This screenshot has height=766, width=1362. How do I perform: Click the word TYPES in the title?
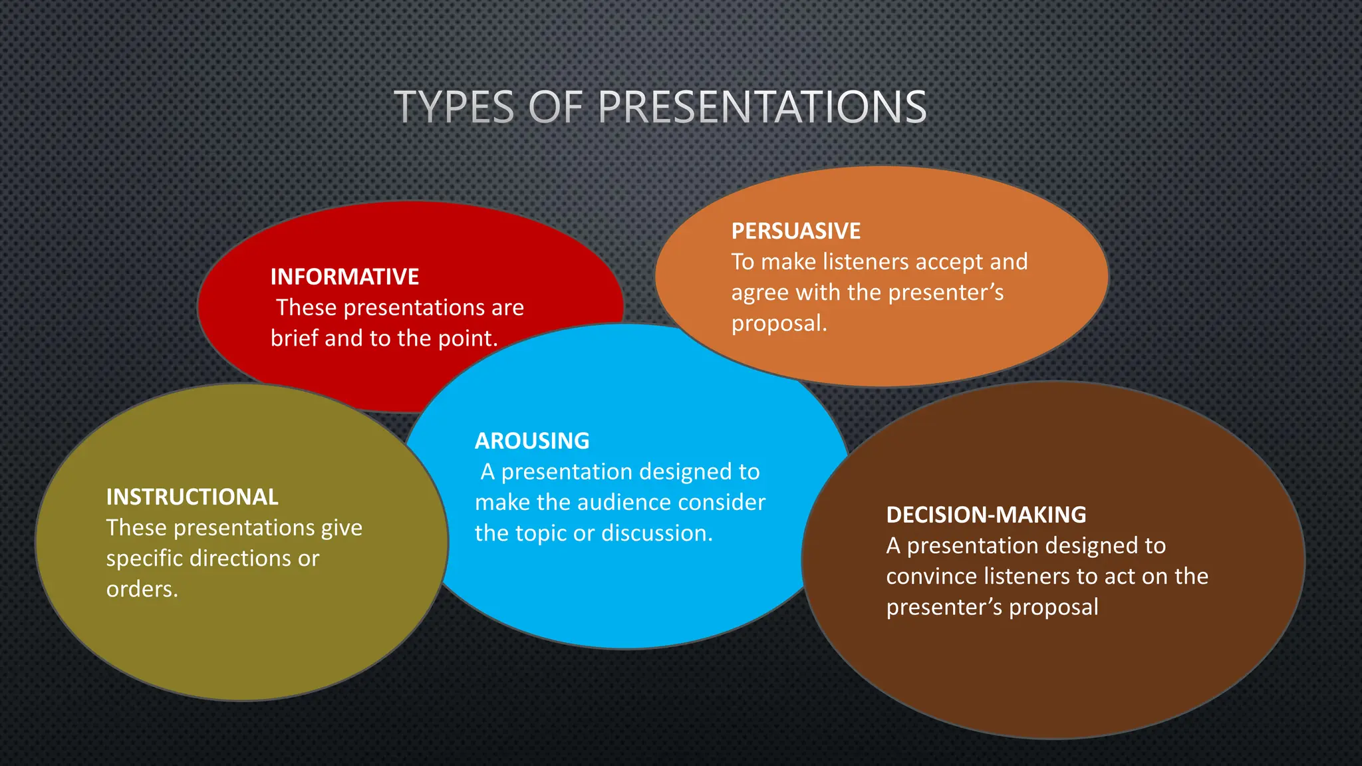[x=454, y=107]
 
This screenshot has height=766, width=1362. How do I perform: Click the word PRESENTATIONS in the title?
[x=762, y=107]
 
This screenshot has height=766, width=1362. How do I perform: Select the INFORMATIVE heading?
[x=344, y=277]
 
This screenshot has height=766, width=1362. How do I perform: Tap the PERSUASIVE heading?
[x=795, y=231]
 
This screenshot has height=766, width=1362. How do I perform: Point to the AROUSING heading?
[x=532, y=441]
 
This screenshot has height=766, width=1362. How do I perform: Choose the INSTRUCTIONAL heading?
[x=192, y=497]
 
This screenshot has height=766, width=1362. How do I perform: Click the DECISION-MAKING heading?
[x=986, y=515]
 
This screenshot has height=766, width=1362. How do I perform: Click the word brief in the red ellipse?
[x=295, y=338]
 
